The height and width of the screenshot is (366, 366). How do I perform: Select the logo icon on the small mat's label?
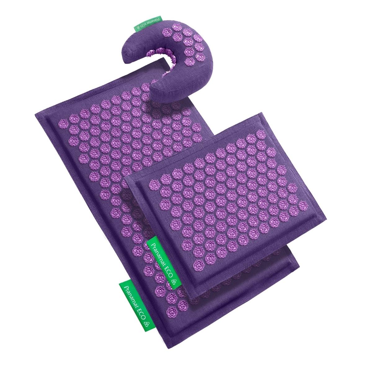point(174,282)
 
